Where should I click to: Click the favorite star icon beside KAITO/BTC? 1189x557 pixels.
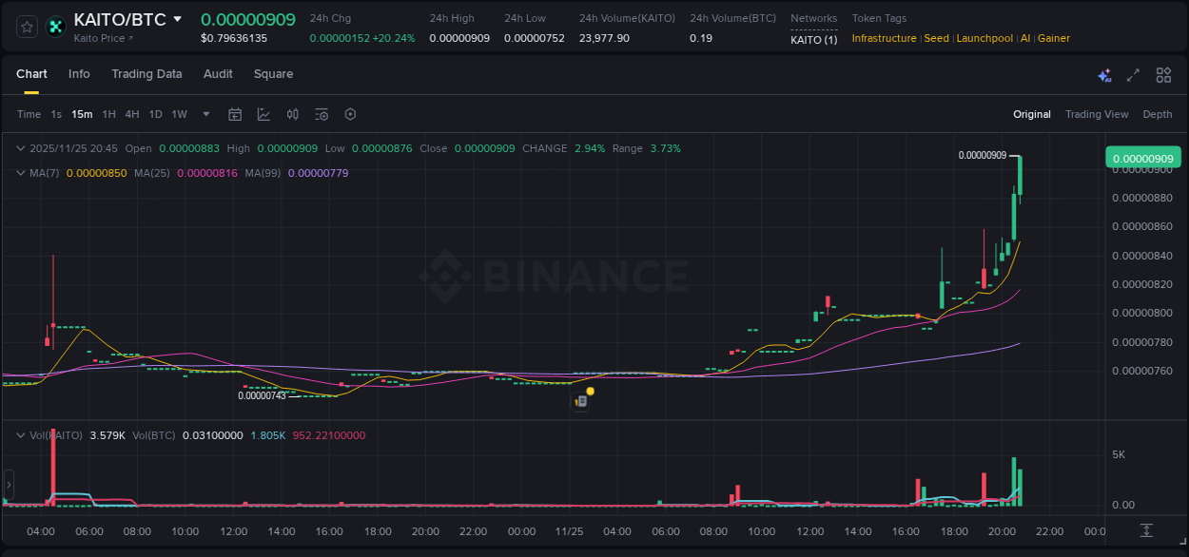coord(28,27)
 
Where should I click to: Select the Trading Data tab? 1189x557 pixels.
coord(146,74)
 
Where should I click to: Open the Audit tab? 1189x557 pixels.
coord(218,74)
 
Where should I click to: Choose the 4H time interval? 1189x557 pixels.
coord(132,114)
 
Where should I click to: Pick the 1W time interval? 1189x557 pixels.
coord(179,114)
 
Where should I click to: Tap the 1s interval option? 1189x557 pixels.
coord(56,114)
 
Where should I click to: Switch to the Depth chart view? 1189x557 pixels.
coord(1157,114)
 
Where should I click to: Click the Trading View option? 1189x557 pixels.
coord(1096,114)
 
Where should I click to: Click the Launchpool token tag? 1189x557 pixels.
coord(984,38)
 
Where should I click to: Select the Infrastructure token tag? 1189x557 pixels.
coord(884,38)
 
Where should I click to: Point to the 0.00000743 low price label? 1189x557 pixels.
coord(262,395)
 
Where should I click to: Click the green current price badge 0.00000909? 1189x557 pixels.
coord(1142,159)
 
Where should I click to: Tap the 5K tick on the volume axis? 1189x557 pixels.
coord(1119,454)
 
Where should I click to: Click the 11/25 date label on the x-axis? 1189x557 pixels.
coord(569,530)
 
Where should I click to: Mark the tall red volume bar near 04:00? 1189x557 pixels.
coord(53,466)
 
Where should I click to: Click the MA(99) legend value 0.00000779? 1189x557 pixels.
coord(318,173)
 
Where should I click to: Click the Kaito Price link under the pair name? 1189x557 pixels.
coord(103,38)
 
